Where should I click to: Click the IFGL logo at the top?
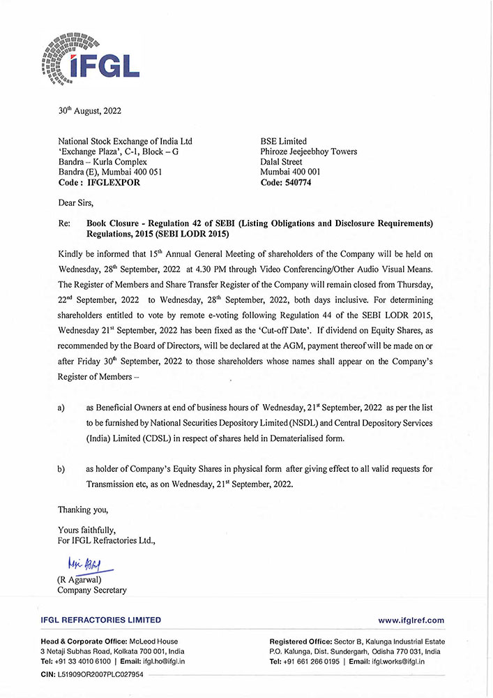click(91, 57)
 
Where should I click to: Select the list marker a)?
click(62, 406)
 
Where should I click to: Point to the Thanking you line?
click(83, 509)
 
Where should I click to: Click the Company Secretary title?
click(92, 591)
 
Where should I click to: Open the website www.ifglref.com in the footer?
click(411, 620)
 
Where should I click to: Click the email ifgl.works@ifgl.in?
click(395, 661)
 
